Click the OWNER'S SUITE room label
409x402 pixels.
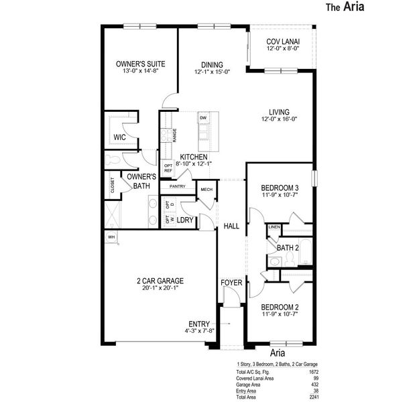(140, 64)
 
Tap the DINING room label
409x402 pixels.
(211, 64)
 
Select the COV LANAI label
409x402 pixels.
(282, 42)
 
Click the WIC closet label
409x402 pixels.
(120, 137)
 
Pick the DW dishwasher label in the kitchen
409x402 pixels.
(202, 118)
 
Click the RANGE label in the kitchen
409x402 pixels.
(174, 135)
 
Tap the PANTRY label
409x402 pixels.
(177, 186)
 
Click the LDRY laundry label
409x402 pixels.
(185, 220)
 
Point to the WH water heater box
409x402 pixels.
(111, 237)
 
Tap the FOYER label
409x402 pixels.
(231, 282)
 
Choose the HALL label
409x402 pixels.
(231, 226)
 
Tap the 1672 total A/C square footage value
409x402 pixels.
(313, 371)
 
